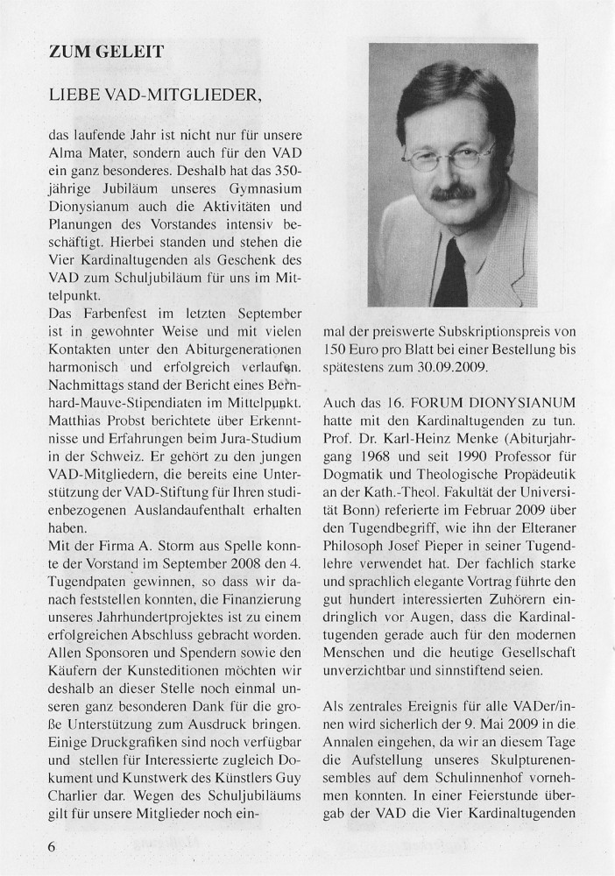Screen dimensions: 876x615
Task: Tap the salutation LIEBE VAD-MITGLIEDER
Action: [155, 93]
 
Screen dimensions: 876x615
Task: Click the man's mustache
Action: [455, 191]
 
